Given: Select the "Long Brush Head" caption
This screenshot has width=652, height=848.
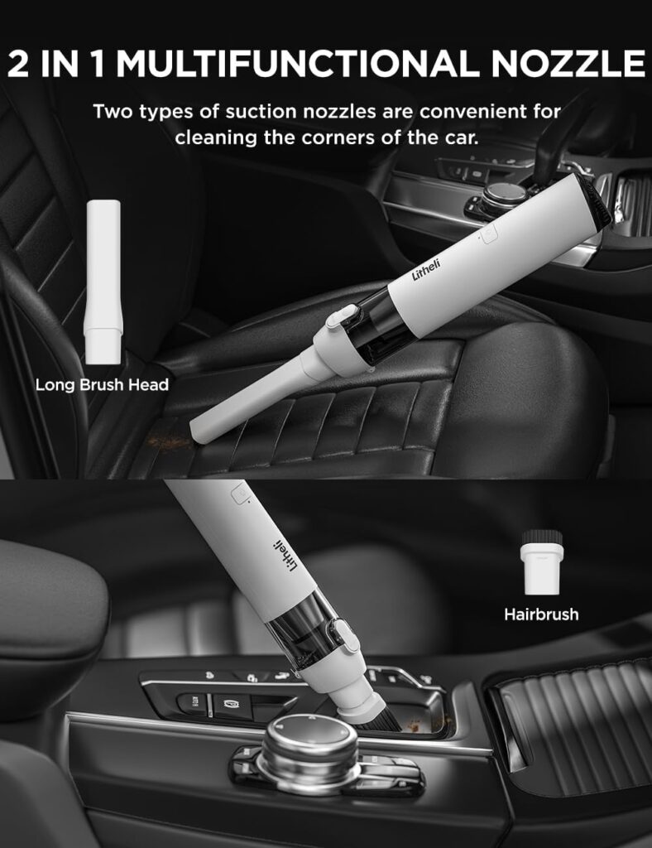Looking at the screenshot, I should (x=102, y=384).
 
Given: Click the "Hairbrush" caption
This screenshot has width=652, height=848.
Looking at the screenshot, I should (x=541, y=614).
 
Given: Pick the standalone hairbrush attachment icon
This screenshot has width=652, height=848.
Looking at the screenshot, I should (x=541, y=562).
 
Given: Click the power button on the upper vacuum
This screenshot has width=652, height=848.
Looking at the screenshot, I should (x=488, y=234).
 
